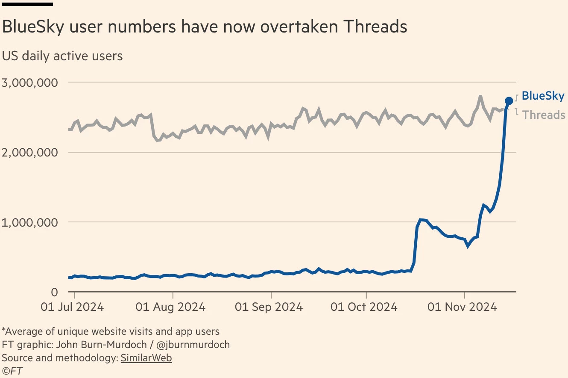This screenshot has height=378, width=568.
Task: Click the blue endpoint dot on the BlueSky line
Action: pos(509,101)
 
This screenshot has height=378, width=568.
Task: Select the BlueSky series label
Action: pos(543,96)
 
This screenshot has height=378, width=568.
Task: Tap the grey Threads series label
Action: pos(544,115)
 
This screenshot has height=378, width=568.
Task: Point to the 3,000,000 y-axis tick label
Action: pos(30,83)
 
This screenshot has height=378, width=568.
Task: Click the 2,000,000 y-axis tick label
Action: pos(30,153)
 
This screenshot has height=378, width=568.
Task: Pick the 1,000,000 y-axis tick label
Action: pos(30,222)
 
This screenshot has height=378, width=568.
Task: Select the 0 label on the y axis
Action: pos(54,292)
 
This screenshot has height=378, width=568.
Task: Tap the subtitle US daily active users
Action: pos(62,56)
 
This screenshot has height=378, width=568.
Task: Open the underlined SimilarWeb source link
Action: pos(146,358)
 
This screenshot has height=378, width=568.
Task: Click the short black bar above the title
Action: pos(27,4)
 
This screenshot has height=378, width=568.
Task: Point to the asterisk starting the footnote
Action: pos(4,330)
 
